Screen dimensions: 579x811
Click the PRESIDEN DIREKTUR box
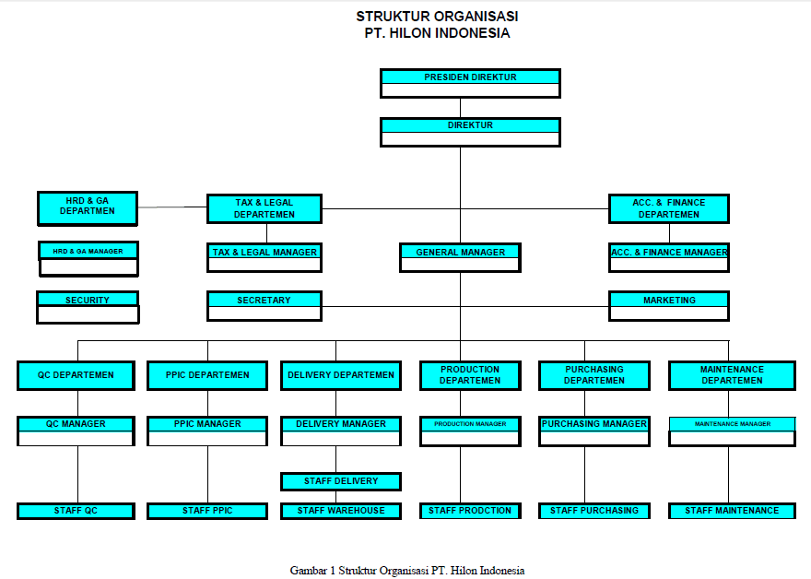(x=470, y=83)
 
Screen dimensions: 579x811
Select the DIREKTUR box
(x=470, y=132)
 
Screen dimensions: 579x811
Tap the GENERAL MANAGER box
(x=460, y=257)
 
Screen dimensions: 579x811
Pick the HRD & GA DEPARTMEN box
(x=88, y=208)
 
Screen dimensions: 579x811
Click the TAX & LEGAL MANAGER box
(x=264, y=257)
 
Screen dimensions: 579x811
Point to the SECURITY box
(x=88, y=307)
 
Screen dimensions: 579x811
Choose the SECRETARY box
(x=264, y=306)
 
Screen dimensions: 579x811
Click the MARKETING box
(x=669, y=306)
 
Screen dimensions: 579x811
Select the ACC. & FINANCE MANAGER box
(x=669, y=257)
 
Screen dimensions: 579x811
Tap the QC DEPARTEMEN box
(x=76, y=375)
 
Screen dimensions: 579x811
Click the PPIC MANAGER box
(x=207, y=431)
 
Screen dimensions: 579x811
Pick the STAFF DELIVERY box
(x=341, y=481)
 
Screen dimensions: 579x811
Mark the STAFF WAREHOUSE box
(x=341, y=511)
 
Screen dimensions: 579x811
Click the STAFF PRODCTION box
(x=470, y=511)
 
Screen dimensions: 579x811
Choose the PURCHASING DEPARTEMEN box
(x=594, y=375)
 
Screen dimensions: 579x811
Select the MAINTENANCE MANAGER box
(x=733, y=431)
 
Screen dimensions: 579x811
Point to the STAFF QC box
(x=76, y=511)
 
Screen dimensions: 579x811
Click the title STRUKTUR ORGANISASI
(x=437, y=17)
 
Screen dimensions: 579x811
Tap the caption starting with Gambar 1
(x=407, y=570)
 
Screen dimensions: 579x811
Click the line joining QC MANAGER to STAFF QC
(x=77, y=475)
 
